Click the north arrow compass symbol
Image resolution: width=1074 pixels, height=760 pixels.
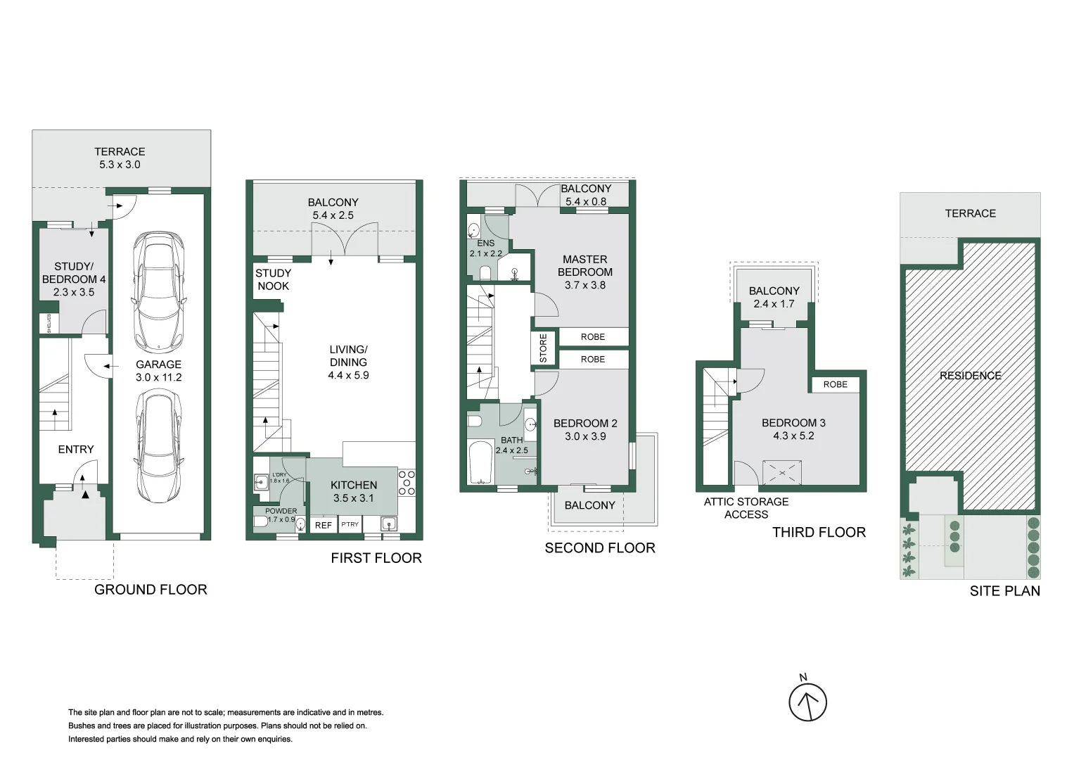coord(807,702)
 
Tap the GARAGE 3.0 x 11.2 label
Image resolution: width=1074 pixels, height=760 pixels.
coord(158,371)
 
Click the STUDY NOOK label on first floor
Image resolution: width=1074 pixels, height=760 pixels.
coord(273,279)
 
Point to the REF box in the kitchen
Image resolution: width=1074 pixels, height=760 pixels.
coord(323,525)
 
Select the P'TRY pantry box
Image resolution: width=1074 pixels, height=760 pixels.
coord(350,525)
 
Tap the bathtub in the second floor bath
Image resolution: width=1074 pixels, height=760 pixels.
coord(482,462)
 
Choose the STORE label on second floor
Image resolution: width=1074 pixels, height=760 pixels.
coord(543,349)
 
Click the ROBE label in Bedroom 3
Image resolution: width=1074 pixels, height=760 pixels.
coord(835,384)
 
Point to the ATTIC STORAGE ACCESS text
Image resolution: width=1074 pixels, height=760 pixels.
coord(746,508)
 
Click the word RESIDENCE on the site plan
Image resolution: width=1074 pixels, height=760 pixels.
coord(970,376)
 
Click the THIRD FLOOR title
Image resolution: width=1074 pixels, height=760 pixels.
coord(819,533)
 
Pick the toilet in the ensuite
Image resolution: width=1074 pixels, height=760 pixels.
coord(485,272)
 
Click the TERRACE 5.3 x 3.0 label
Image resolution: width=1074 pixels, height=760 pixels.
coord(120,158)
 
